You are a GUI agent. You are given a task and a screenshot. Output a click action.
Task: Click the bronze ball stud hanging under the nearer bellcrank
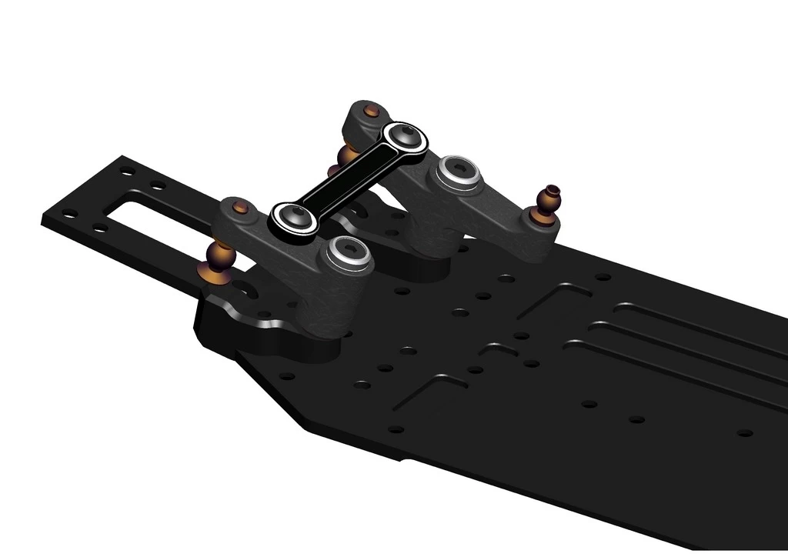point(216,262)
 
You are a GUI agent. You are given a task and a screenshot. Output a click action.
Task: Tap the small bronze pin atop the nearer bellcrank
point(240,207)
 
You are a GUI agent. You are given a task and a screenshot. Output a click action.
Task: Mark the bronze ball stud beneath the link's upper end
point(349,154)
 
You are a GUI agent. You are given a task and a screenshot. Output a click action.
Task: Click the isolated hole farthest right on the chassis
point(744,432)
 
